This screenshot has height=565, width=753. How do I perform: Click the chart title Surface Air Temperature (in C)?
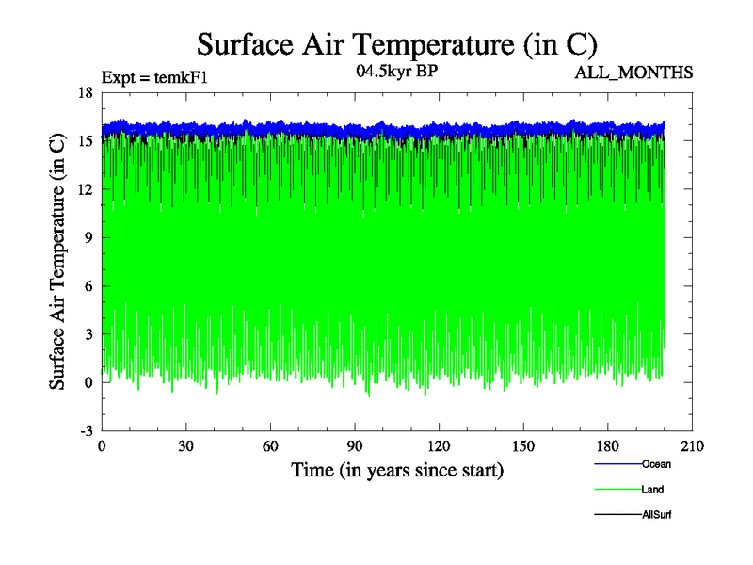[x=396, y=44]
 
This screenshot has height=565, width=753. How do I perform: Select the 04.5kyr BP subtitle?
[x=396, y=72]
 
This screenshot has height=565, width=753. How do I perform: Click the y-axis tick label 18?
[x=86, y=92]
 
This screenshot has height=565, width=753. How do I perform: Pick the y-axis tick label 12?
[x=86, y=189]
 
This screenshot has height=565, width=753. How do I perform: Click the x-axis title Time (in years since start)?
[x=396, y=469]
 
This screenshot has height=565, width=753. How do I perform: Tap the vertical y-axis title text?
[x=58, y=261]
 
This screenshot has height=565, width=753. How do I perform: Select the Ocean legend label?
[x=656, y=464]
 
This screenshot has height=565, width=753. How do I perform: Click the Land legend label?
[x=653, y=490]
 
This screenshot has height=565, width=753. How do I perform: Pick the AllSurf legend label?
[x=656, y=515]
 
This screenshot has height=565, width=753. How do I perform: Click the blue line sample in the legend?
[x=617, y=464]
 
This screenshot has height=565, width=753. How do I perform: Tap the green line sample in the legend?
[x=617, y=490]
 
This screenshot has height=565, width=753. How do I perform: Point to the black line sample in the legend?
[x=617, y=515]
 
